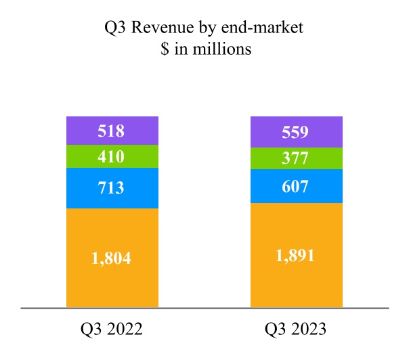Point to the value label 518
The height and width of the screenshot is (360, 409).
[111, 131]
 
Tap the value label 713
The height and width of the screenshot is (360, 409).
[111, 187]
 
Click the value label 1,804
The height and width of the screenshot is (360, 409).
[111, 257]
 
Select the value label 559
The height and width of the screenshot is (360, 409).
[296, 133]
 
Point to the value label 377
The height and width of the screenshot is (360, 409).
[296, 159]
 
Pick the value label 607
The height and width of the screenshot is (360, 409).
[296, 185]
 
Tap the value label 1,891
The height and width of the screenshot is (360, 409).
[296, 256]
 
